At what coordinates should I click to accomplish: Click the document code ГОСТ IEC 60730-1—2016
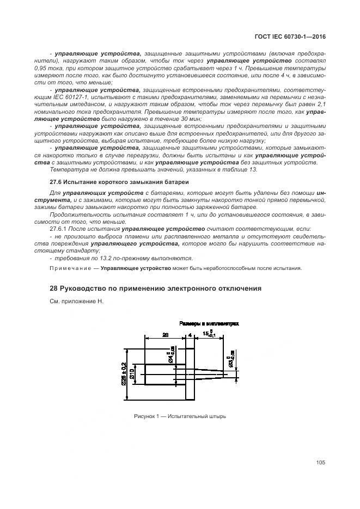click(294, 38)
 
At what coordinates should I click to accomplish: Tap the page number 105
click(320, 463)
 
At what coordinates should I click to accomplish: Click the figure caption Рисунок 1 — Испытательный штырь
click(180, 416)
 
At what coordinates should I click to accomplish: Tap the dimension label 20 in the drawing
click(164, 336)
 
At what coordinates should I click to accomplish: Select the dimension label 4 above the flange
click(191, 336)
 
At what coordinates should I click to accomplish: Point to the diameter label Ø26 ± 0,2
click(124, 374)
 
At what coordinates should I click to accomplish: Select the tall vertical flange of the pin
click(191, 373)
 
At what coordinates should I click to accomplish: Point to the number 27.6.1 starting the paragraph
click(59, 229)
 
